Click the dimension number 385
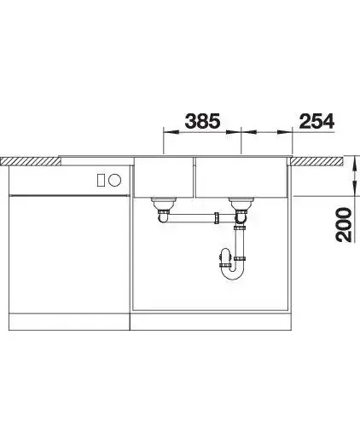click(x=202, y=121)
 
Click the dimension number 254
click(x=316, y=121)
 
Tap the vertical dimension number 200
click(x=343, y=225)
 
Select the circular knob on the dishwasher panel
click(x=115, y=180)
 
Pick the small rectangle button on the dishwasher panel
click(x=101, y=180)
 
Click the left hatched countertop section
click(x=31, y=161)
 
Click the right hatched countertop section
click(x=316, y=161)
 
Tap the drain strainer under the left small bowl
click(x=164, y=204)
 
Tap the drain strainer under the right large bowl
click(x=241, y=204)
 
